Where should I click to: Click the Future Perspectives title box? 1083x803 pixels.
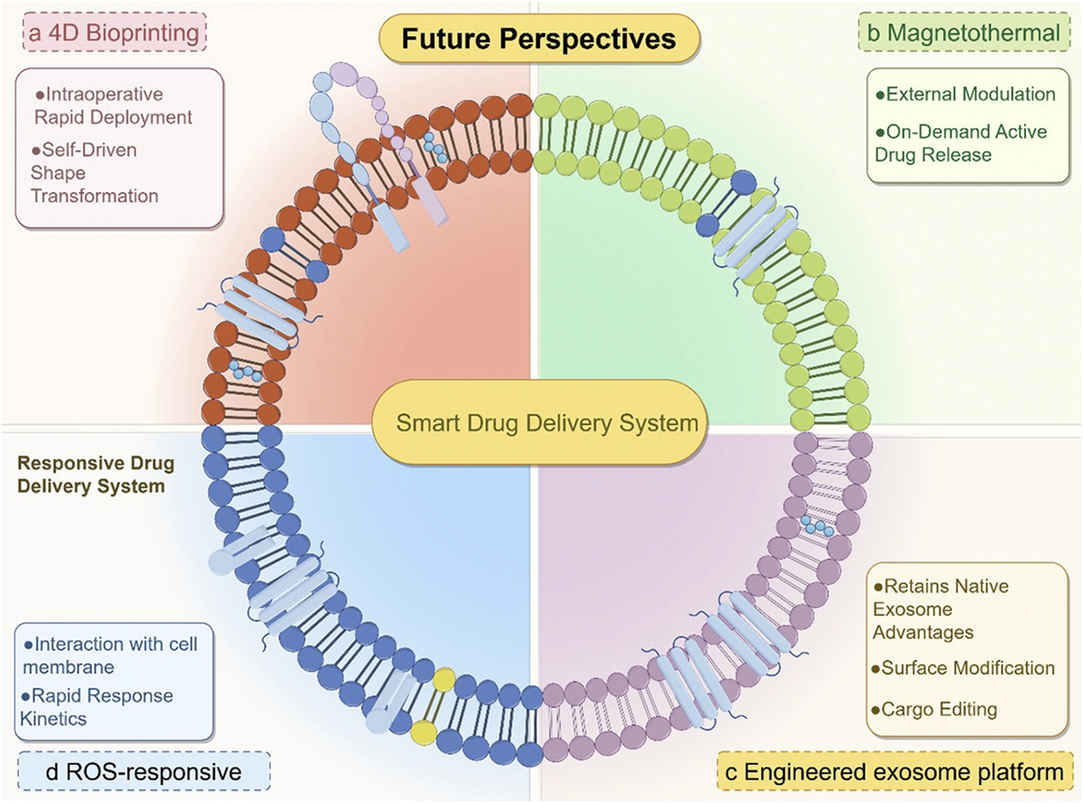(539, 38)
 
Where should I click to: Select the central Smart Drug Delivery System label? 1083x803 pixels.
(540, 423)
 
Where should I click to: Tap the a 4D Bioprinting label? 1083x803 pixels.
(114, 32)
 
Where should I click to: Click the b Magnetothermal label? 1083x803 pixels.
(964, 32)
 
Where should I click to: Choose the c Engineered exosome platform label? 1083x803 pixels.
(895, 772)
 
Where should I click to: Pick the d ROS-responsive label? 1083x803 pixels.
(144, 772)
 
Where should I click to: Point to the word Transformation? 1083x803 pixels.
(95, 196)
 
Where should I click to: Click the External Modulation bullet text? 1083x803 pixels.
(966, 94)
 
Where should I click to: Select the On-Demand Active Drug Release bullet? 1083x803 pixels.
(961, 143)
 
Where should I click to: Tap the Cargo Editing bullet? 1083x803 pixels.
(934, 710)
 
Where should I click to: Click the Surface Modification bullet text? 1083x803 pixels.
(963, 668)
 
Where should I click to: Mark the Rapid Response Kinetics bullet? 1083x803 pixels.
(97, 707)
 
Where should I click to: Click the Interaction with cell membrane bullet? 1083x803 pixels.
(110, 655)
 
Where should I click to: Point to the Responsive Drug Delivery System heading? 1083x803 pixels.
(96, 474)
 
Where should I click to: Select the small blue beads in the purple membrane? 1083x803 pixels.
(817, 525)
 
